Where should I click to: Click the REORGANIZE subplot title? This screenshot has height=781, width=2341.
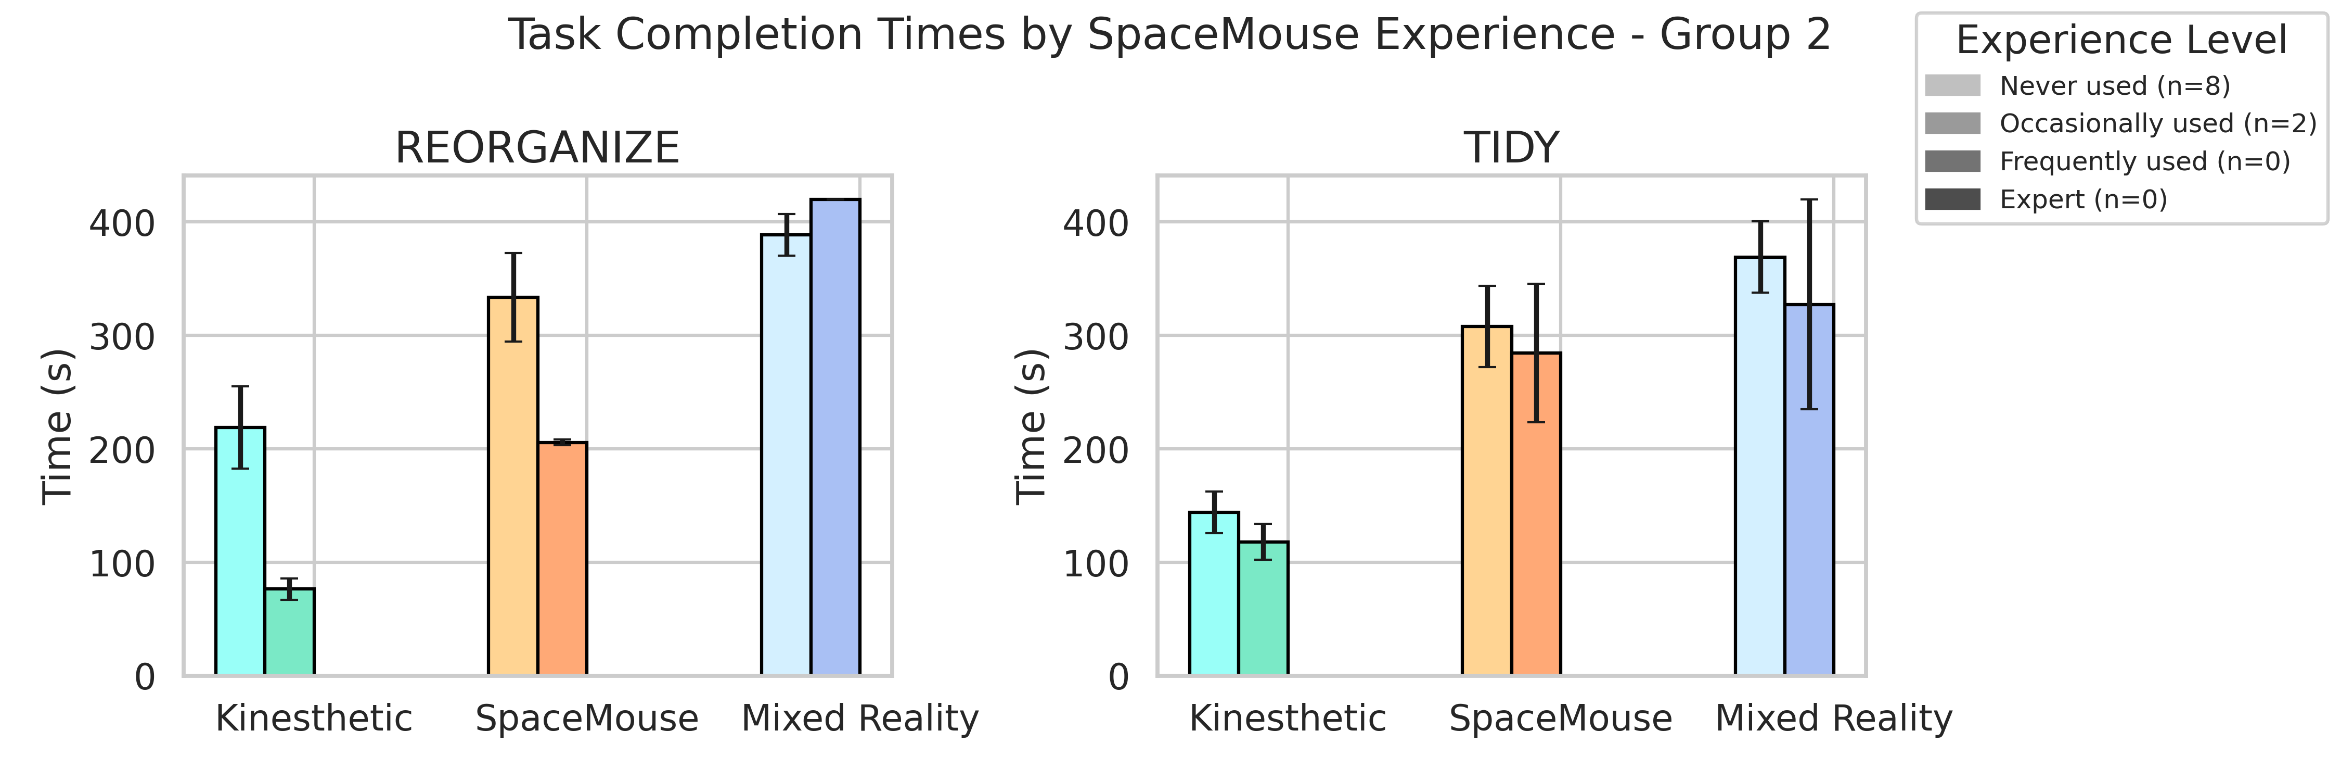(x=537, y=147)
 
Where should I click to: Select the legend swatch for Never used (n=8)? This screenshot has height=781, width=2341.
(x=1952, y=85)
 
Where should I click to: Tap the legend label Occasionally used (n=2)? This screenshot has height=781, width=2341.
(x=2157, y=123)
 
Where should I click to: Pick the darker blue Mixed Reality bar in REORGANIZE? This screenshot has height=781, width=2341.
(x=835, y=436)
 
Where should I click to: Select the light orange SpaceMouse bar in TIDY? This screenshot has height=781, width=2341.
(x=1487, y=500)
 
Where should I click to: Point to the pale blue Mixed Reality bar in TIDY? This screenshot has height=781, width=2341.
(x=1759, y=465)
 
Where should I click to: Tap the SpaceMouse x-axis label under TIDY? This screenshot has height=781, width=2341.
(x=1560, y=719)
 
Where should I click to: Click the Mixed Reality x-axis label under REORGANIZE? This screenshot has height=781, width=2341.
(x=860, y=719)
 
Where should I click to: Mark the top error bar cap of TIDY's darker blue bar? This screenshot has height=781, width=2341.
(x=1809, y=200)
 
